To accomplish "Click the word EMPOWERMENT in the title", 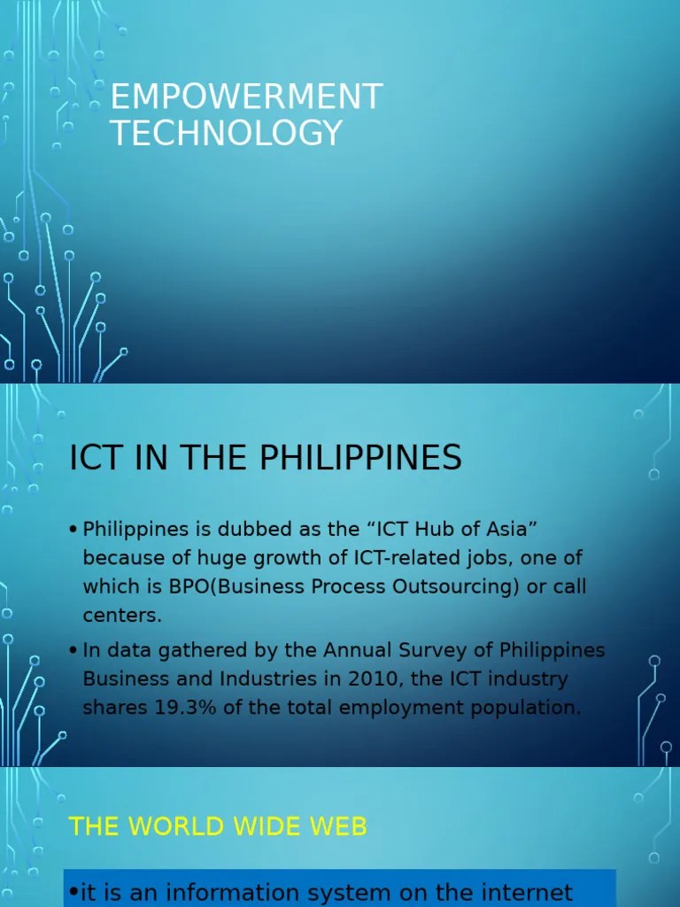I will (246, 97).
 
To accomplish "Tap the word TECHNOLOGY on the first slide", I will (226, 133).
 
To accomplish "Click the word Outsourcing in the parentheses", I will (455, 587).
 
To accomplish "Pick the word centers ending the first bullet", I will (120, 615).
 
